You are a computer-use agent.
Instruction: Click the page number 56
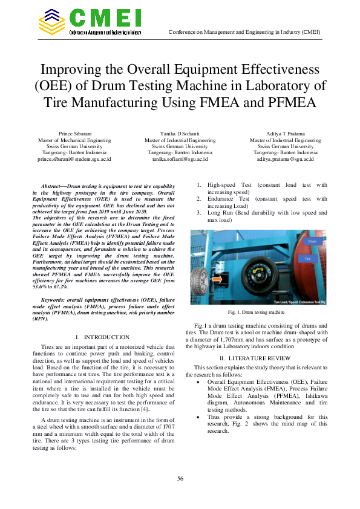[x=180, y=479]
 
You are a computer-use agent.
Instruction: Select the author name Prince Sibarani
[x=74, y=133]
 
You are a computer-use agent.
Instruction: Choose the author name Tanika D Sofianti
[x=180, y=133]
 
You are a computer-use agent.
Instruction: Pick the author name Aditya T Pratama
[x=285, y=133]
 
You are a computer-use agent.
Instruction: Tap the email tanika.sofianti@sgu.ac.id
[x=180, y=159]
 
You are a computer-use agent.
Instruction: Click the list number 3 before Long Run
[x=199, y=213]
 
